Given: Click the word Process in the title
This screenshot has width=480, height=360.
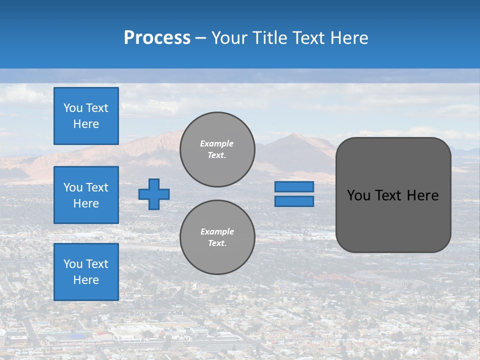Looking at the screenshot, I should [x=157, y=38].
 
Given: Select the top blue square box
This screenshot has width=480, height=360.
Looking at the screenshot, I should [x=86, y=116].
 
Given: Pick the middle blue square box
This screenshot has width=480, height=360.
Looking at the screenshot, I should [x=86, y=195].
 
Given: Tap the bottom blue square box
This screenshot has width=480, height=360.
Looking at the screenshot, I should [x=86, y=271].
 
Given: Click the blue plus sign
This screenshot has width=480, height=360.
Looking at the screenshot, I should [x=154, y=194].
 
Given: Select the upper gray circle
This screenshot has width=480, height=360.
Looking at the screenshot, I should [x=217, y=149].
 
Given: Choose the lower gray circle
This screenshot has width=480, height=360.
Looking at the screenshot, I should [x=217, y=237].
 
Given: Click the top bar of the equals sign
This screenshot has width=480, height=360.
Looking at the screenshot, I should [x=294, y=186].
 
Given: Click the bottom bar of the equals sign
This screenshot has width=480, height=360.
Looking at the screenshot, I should [x=294, y=201].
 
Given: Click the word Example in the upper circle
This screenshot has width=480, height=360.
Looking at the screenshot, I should [x=216, y=143].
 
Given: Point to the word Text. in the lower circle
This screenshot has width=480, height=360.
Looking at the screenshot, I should [x=217, y=243].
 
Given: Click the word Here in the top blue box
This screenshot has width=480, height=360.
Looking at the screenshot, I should [x=86, y=124].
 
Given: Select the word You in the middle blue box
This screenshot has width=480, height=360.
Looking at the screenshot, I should [x=72, y=187].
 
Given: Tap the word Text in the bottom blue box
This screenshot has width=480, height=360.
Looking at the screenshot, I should [x=97, y=264].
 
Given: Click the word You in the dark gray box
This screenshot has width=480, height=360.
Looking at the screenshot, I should [x=358, y=195].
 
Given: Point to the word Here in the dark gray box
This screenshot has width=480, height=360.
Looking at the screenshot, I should [x=422, y=195].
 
